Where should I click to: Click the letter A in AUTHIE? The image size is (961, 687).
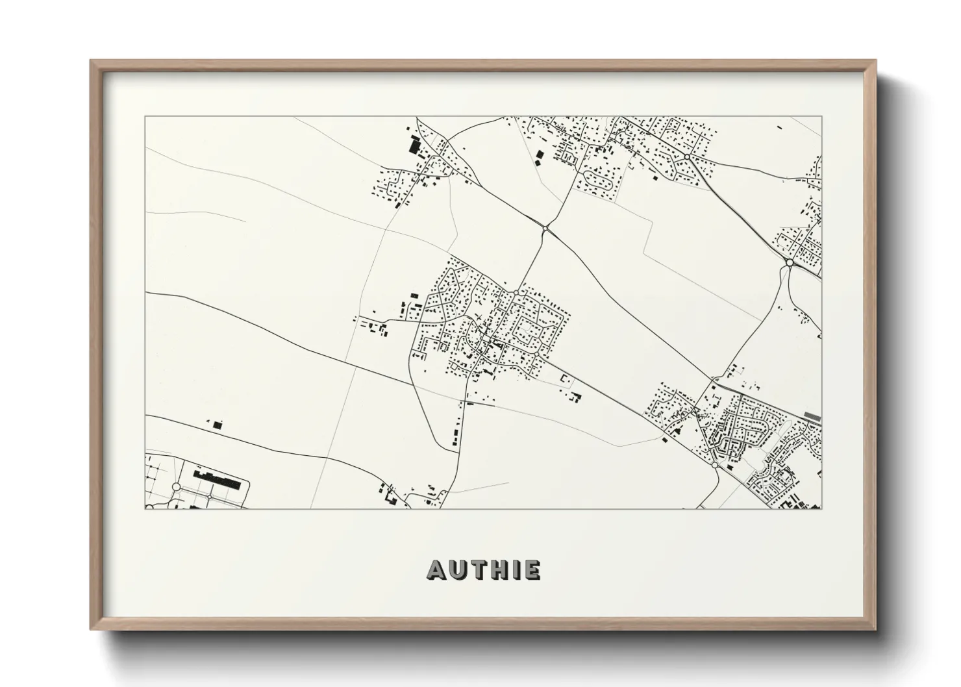436,570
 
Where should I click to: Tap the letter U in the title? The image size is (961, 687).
458,570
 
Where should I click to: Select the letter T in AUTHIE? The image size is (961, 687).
479,570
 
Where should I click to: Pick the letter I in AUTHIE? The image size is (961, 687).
517,570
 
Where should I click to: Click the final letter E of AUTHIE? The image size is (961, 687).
532,570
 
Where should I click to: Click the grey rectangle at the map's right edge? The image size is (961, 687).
812,414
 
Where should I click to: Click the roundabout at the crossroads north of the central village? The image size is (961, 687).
546,228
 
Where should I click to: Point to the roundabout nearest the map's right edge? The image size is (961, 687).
788,263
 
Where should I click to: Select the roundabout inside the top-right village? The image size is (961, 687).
687,156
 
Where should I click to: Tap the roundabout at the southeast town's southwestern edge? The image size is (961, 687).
714,465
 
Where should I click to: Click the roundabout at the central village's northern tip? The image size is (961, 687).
516,294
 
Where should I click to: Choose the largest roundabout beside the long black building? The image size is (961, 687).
175,486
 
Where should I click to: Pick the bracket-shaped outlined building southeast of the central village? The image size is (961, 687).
564,378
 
